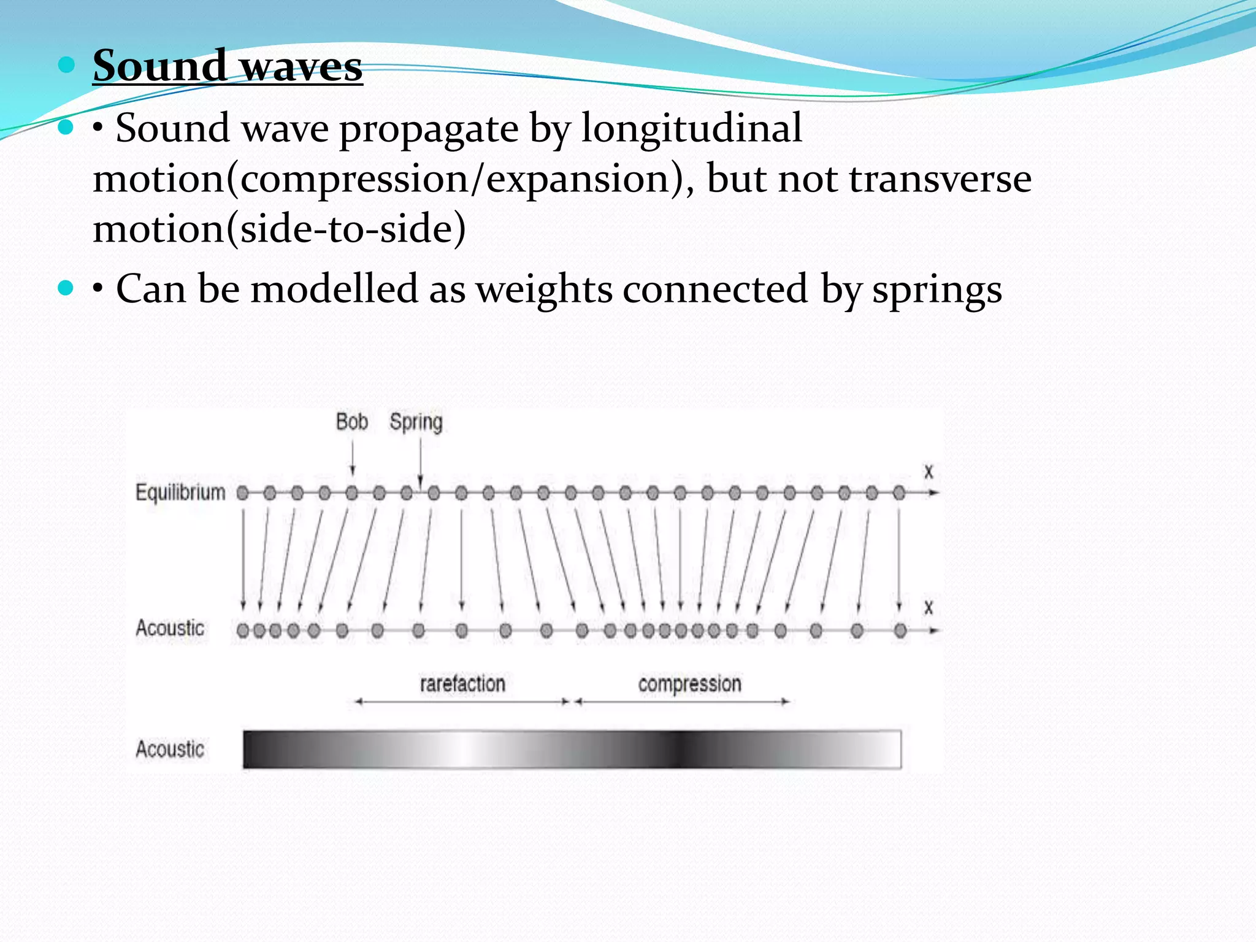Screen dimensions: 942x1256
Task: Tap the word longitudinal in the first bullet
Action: tap(691, 128)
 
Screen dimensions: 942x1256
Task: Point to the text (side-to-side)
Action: tap(352, 229)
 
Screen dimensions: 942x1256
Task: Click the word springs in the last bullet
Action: tap(937, 289)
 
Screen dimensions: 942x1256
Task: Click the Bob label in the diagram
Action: tap(351, 422)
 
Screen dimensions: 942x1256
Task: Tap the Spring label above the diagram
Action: tap(416, 422)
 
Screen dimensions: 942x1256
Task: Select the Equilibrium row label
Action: tap(180, 492)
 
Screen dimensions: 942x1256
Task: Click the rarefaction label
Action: tap(462, 684)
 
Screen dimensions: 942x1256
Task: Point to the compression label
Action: tap(689, 684)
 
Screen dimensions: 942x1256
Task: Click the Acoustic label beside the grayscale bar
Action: tap(170, 749)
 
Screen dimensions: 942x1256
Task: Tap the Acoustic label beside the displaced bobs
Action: tap(170, 628)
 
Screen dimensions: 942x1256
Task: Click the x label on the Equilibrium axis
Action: tap(929, 472)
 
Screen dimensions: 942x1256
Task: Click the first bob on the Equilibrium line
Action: tap(243, 492)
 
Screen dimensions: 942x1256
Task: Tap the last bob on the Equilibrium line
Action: tap(899, 492)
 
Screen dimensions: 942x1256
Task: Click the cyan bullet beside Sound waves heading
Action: tap(66, 64)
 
